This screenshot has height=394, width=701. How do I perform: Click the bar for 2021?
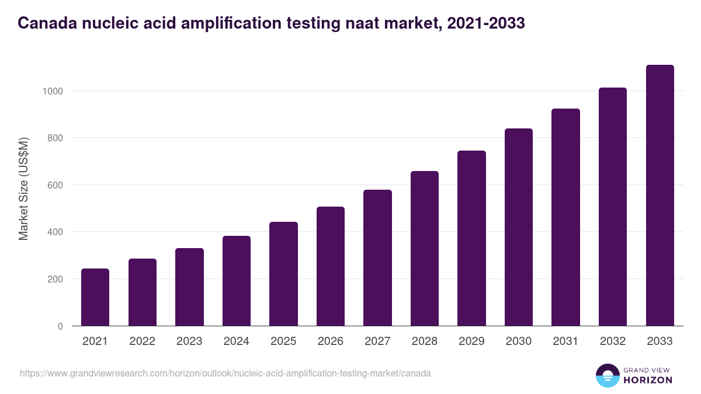[95, 297]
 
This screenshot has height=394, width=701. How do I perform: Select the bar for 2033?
[660, 196]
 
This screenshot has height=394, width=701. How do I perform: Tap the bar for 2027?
[377, 258]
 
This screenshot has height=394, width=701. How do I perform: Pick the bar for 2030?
[519, 227]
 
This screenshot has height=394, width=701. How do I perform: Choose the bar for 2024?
[237, 281]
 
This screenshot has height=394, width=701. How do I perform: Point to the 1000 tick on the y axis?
[52, 91]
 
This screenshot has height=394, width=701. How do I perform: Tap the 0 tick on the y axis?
[60, 326]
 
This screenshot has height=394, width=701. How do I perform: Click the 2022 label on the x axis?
[142, 341]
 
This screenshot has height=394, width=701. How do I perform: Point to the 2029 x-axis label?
[471, 341]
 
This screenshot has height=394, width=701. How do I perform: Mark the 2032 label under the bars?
[613, 341]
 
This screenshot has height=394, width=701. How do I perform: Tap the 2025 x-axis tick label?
[283, 341]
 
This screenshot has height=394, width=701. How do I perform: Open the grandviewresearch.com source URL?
[225, 373]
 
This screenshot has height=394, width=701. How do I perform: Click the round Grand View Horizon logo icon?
[608, 375]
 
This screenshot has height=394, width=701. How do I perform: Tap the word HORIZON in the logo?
[648, 380]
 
